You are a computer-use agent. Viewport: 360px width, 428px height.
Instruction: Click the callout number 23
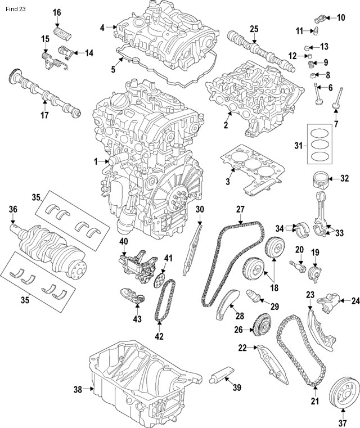coord(310,294)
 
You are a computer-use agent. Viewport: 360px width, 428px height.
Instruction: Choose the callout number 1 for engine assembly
coord(96,161)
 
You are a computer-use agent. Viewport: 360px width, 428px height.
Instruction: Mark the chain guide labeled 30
coord(194,247)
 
